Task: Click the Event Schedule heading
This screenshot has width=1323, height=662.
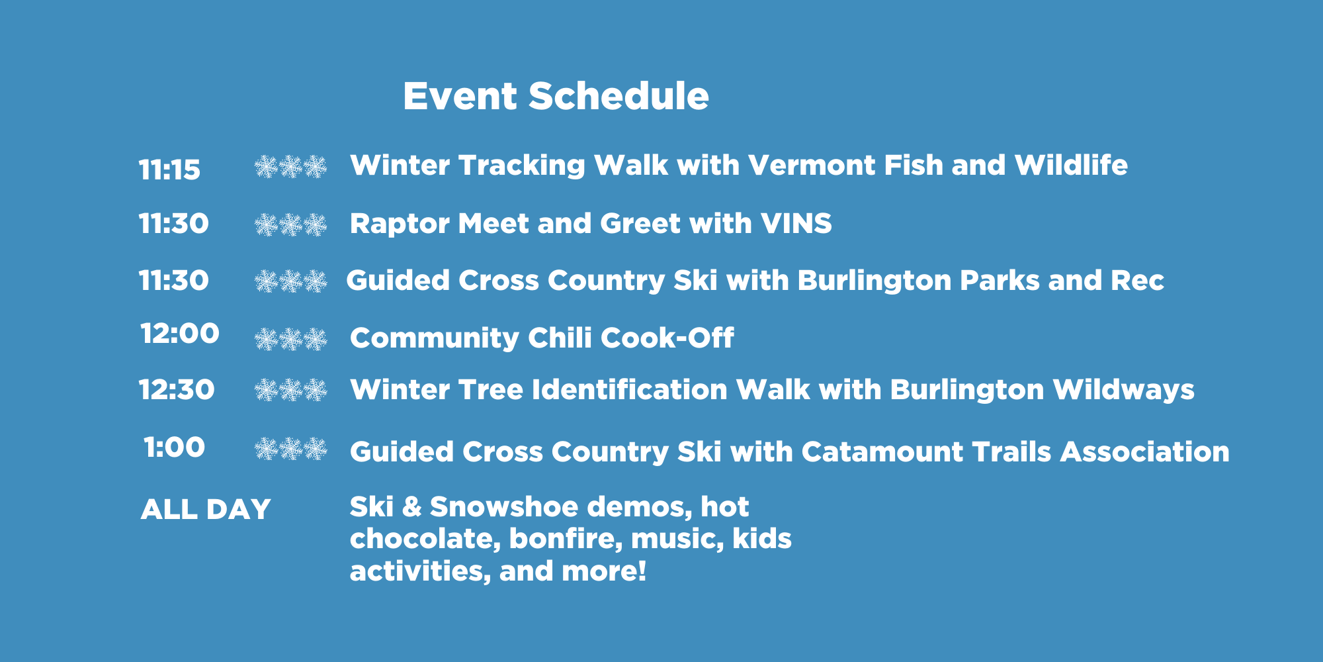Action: [556, 96]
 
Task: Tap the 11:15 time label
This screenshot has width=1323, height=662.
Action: [169, 170]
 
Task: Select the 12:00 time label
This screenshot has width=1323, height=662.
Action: [180, 334]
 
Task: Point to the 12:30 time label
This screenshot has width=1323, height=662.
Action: [177, 390]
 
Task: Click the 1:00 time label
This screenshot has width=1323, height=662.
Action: [175, 448]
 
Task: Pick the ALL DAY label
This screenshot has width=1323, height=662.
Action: [206, 509]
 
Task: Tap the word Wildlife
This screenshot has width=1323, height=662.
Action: [1071, 165]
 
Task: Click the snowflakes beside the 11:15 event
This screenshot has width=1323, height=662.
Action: [291, 167]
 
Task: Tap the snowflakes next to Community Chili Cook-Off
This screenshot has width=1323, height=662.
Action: [291, 339]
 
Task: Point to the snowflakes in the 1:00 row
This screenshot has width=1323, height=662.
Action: [291, 449]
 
